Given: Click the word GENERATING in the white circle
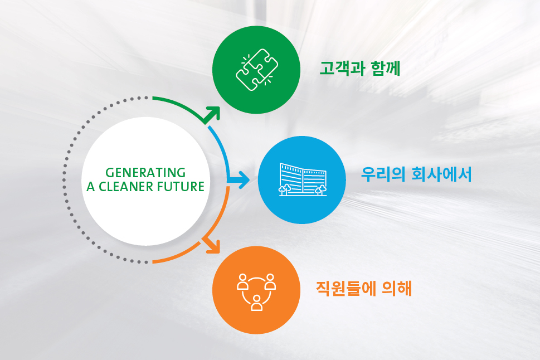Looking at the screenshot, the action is (145, 172).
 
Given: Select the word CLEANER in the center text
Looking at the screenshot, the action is (125, 187).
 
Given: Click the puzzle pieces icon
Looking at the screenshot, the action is (256, 70).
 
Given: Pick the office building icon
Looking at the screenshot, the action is (303, 179).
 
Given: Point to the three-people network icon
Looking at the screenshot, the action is (256, 292).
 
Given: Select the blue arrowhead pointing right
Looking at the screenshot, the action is (243, 179).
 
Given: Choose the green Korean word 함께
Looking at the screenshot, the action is (386, 68).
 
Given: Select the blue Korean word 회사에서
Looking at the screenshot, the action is (441, 174).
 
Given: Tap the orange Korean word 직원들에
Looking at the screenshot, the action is (346, 288).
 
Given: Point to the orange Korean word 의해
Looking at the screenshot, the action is (397, 288).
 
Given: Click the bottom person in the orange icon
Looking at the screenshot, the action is (256, 303).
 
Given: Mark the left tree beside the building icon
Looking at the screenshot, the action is (284, 189).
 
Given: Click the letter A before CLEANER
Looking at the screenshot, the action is (91, 187).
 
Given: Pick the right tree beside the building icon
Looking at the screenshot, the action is (320, 190).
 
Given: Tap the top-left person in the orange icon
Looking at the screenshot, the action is (243, 281).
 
